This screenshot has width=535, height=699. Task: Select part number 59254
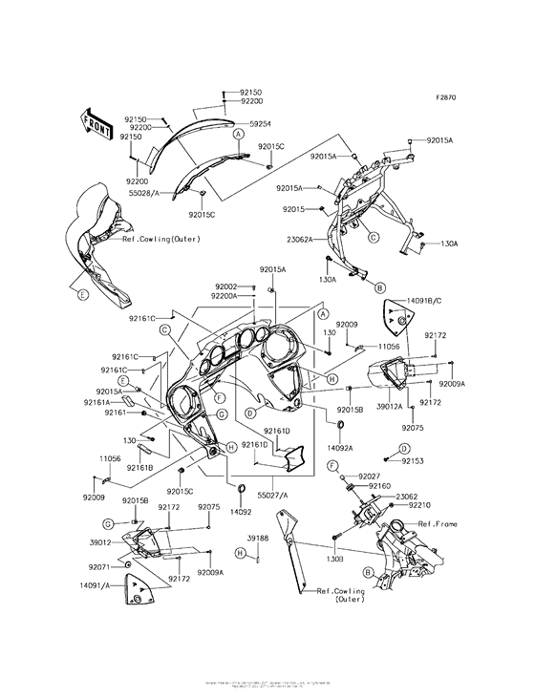(x=261, y=123)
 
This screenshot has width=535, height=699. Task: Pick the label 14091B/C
(x=430, y=301)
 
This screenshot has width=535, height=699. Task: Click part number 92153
(x=413, y=460)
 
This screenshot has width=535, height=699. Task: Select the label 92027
(x=372, y=475)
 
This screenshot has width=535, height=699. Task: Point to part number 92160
(x=380, y=486)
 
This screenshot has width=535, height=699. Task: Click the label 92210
(x=420, y=505)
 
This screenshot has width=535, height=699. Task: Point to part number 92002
(x=225, y=286)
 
